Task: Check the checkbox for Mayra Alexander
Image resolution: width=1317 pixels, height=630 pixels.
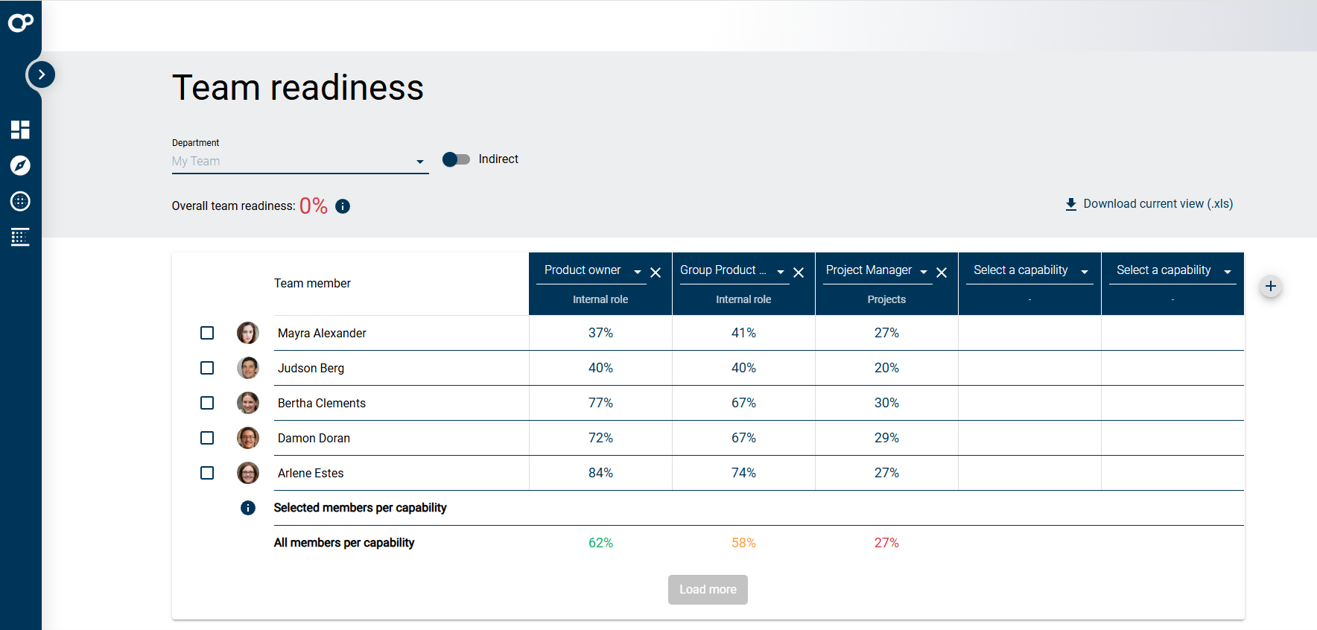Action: pos(207,333)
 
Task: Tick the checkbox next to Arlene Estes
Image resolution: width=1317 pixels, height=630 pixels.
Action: pos(207,473)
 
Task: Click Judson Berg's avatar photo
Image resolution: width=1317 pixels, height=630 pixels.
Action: pos(248,368)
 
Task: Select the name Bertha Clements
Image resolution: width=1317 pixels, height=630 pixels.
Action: pos(322,403)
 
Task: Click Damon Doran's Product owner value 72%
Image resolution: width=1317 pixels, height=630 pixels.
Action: pos(600,438)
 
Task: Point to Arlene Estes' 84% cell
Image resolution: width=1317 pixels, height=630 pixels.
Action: pos(600,473)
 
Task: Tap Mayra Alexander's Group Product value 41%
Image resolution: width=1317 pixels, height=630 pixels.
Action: pos(743,333)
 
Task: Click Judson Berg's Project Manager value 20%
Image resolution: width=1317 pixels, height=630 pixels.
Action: pos(886,368)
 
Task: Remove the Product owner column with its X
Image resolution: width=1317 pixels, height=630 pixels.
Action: pos(656,273)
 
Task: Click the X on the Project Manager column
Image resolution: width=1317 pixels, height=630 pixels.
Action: pos(942,273)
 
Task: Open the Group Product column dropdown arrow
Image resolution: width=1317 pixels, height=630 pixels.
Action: pos(781,273)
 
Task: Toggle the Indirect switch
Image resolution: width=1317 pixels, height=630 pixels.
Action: pos(456,159)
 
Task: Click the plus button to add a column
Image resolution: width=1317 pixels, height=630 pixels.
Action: pos(1271,286)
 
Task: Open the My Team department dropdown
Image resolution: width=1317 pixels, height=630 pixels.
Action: pos(299,162)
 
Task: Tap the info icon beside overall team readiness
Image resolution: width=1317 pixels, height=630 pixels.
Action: pos(343,206)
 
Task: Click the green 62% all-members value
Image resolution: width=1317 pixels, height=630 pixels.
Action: pos(600,543)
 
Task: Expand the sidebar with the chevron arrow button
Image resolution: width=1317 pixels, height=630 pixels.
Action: pos(42,74)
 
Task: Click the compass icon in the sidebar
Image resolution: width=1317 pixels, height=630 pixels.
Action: pos(20,165)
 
